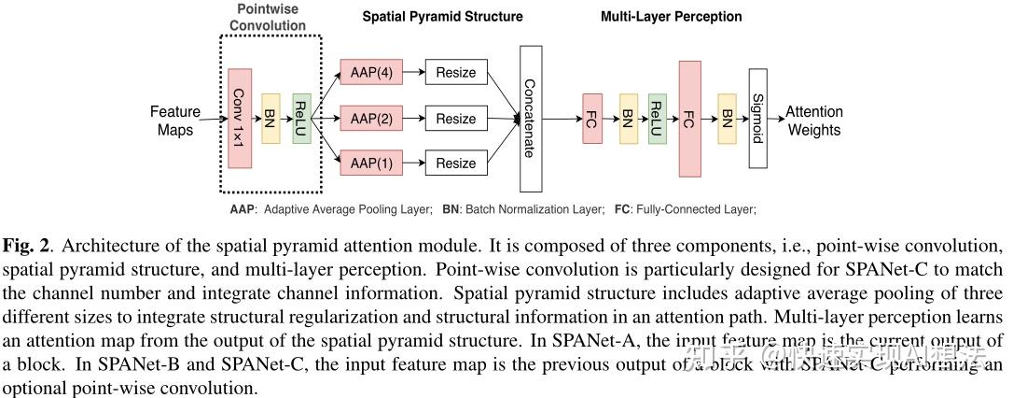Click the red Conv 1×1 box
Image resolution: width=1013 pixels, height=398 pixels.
[x=240, y=118]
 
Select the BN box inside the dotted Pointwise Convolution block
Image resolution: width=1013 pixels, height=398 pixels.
[x=271, y=119]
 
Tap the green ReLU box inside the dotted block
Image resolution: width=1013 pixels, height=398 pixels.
[x=300, y=119]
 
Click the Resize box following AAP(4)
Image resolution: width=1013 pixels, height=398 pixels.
[x=456, y=72]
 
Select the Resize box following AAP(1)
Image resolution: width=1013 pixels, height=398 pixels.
[x=456, y=163]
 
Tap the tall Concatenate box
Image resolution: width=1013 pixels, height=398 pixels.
[x=528, y=118]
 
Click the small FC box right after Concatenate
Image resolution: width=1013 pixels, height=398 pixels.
[x=592, y=119]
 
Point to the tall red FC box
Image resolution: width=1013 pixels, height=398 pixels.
[x=689, y=118]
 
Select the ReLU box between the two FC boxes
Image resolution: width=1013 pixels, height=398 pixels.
[x=657, y=119]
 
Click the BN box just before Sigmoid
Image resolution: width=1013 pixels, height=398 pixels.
[x=727, y=119]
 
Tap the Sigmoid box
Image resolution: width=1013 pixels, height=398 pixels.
[x=757, y=119]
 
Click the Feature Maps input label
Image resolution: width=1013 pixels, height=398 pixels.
[x=175, y=121]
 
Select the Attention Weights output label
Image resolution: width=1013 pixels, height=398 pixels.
[x=813, y=121]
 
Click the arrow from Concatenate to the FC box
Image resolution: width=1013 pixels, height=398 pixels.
[x=562, y=119]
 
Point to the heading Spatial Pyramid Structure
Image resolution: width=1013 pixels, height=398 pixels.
[x=442, y=17]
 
